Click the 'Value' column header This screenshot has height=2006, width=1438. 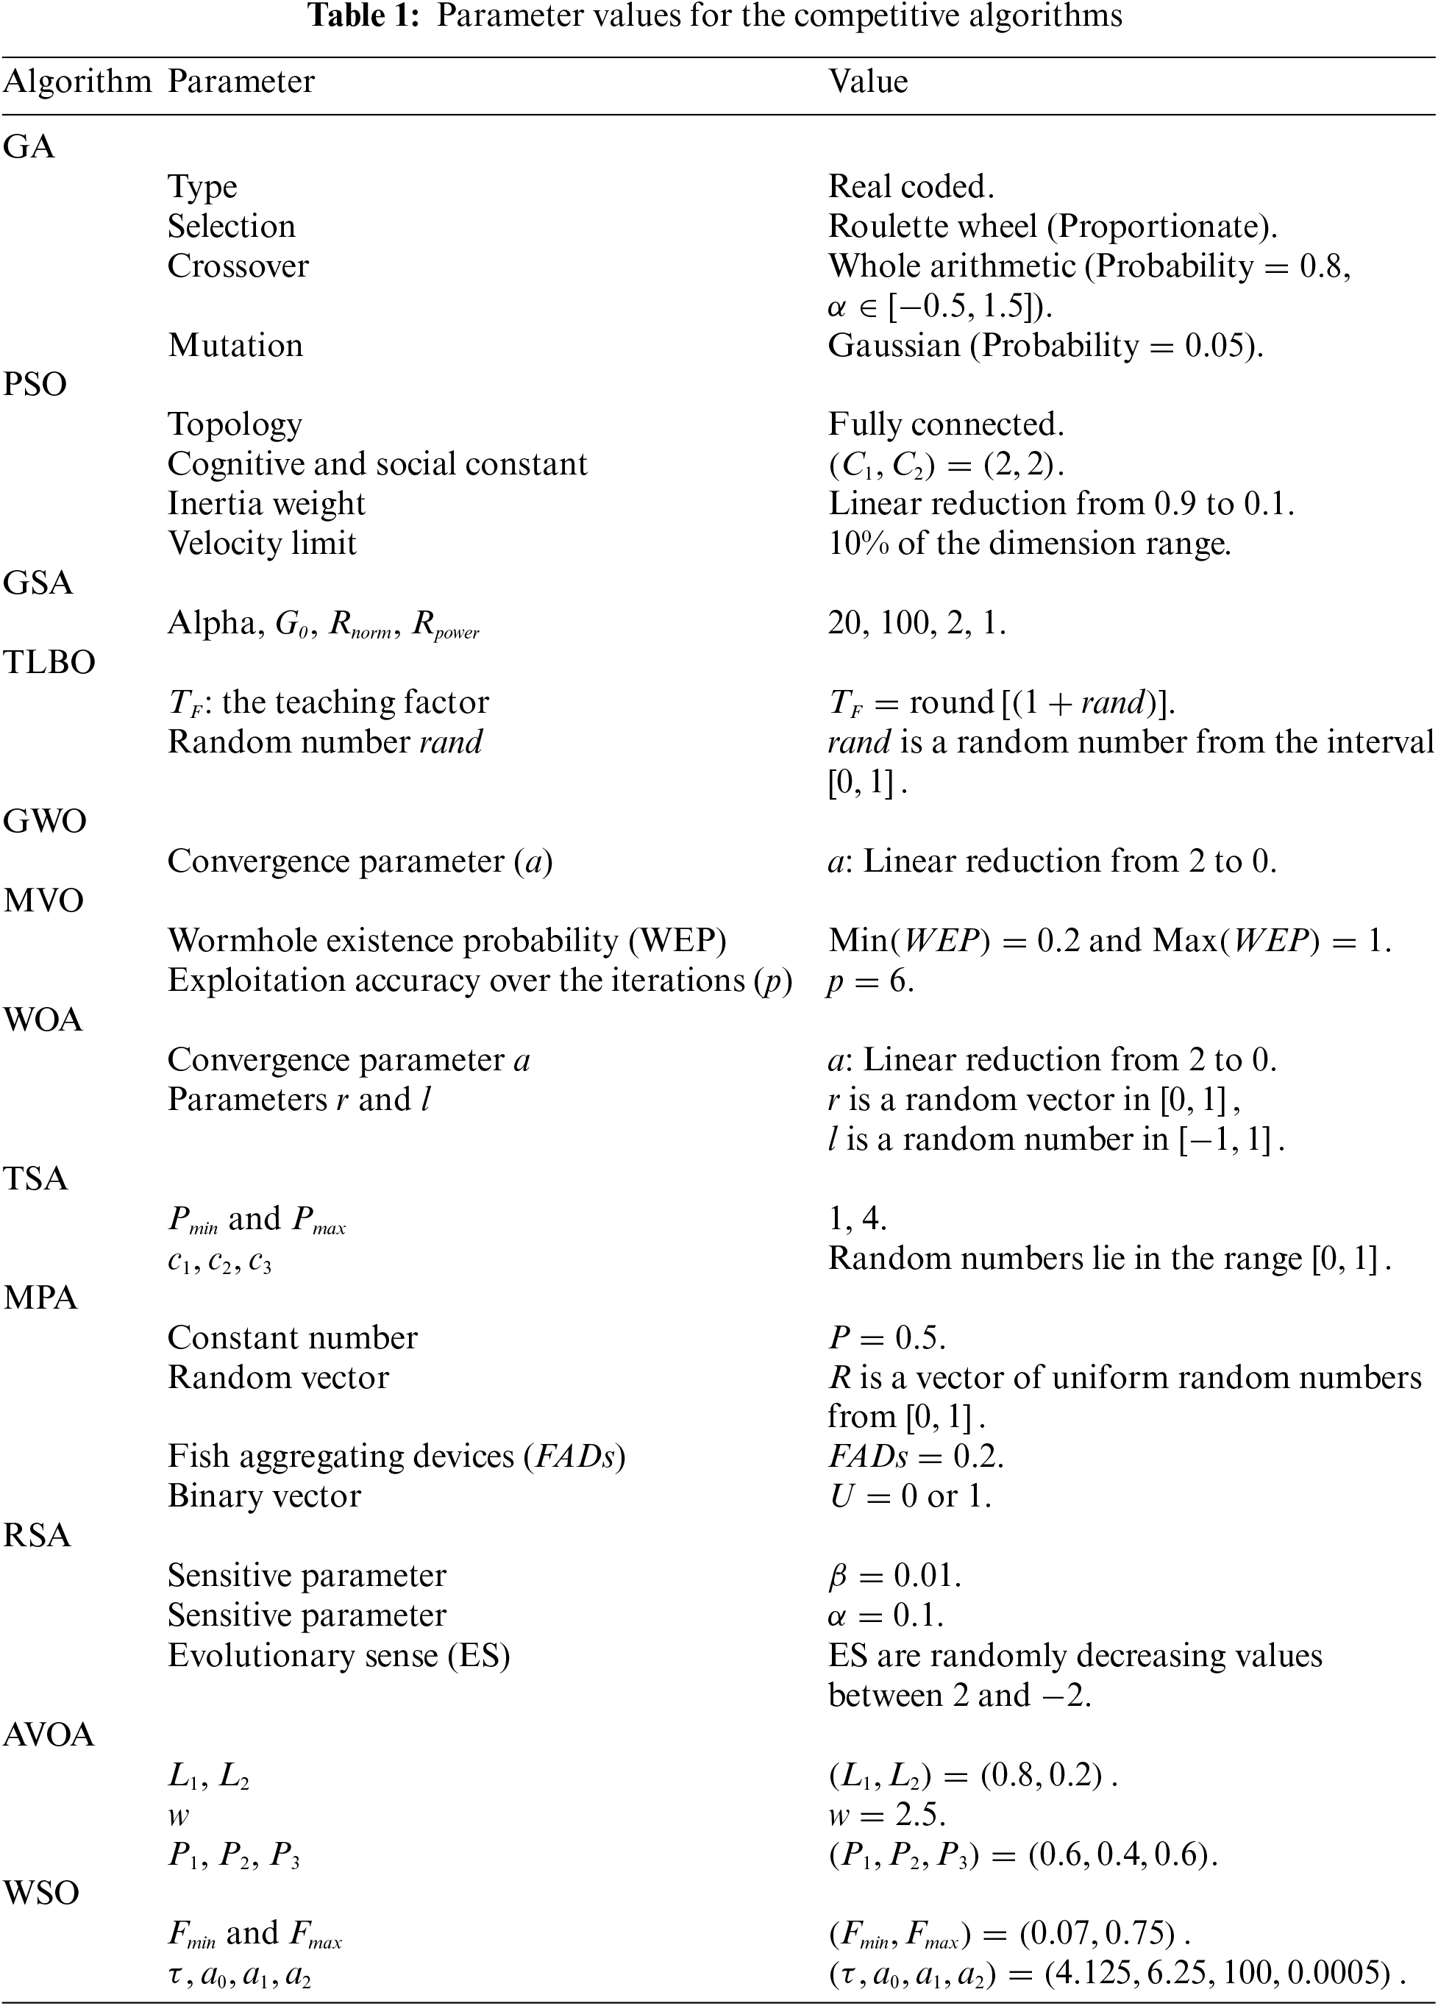[867, 82]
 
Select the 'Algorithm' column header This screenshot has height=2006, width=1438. [78, 82]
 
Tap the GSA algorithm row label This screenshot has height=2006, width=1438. [38, 583]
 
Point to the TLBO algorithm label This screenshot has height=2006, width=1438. [49, 663]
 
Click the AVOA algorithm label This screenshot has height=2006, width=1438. [49, 1735]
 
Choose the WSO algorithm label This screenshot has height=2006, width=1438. [42, 1893]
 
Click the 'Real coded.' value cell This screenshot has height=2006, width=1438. [911, 187]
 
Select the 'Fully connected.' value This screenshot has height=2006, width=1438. [945, 424]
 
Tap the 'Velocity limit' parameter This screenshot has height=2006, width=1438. [262, 543]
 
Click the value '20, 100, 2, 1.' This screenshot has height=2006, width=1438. [916, 624]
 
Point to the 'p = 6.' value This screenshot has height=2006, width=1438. [870, 981]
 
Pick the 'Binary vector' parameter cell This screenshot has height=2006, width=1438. [264, 1496]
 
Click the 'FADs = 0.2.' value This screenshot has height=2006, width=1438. [915, 1457]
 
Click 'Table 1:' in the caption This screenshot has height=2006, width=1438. [363, 16]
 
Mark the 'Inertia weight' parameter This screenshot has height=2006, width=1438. [266, 504]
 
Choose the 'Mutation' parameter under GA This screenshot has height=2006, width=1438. [235, 345]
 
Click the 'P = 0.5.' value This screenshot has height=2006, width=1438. [886, 1338]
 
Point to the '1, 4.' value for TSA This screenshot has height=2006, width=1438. [857, 1219]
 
